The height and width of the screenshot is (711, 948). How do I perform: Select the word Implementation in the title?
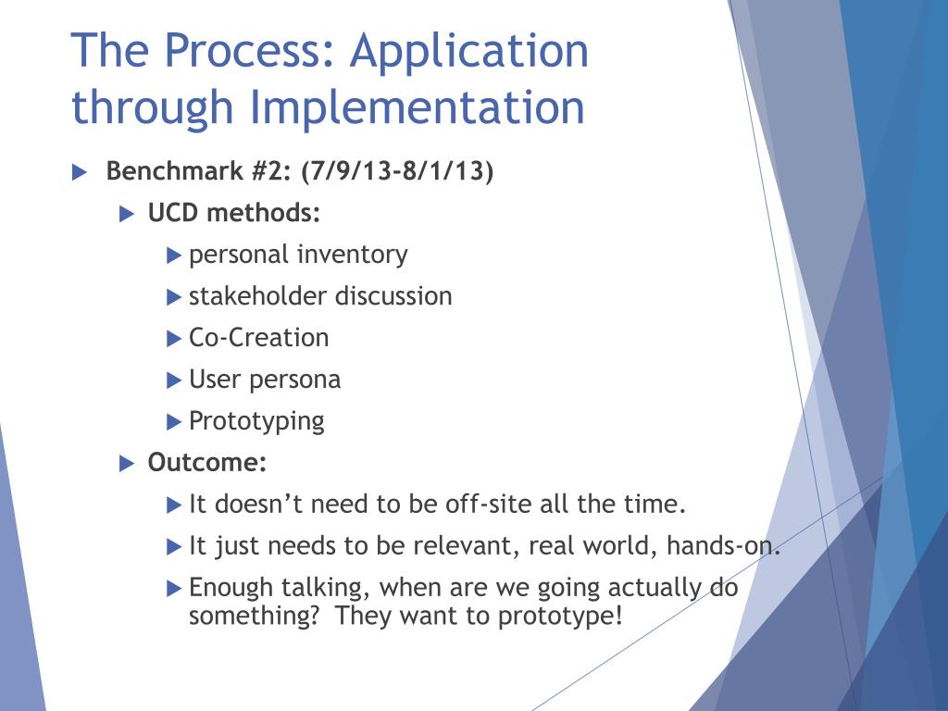point(417,107)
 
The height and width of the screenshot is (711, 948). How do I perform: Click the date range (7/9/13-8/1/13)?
point(397,171)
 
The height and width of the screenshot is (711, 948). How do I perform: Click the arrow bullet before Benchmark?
point(80,172)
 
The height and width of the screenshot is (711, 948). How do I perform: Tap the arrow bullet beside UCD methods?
point(126,214)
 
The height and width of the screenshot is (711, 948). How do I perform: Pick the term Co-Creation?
point(259,337)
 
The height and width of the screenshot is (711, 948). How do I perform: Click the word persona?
point(294,380)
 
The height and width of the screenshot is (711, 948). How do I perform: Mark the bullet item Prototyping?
point(256,422)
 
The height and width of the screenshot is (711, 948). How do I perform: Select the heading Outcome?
point(206,463)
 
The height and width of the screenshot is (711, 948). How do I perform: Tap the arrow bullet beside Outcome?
point(126,464)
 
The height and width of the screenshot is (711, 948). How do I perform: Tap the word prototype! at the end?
point(560,617)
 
